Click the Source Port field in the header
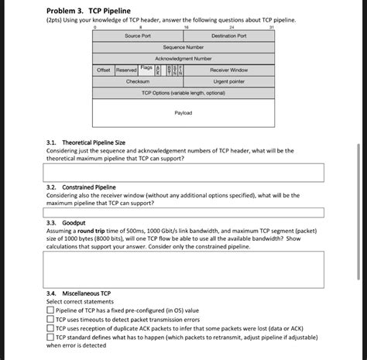[138, 36]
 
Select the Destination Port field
[228, 36]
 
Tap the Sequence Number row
[183, 47]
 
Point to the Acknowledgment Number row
[183, 58]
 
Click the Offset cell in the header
[103, 70]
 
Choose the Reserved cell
[125, 70]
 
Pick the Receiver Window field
[228, 70]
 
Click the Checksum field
[138, 81]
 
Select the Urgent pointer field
[228, 81]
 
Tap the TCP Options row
[183, 92]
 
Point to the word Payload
[183, 113]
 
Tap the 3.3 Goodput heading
[66, 223]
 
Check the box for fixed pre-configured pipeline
[50, 310]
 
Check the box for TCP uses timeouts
[50, 319]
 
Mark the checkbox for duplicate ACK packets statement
[50, 328]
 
